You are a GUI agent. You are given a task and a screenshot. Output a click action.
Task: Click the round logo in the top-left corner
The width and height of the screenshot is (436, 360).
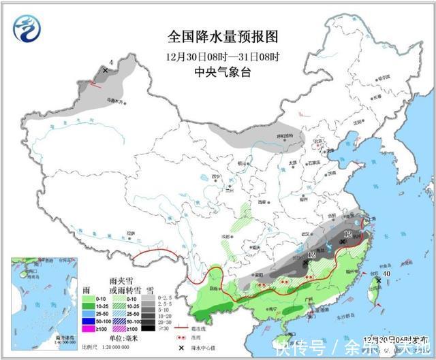[x=27, y=28]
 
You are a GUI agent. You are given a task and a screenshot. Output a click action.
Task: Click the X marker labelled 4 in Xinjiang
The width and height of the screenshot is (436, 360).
[x=105, y=70]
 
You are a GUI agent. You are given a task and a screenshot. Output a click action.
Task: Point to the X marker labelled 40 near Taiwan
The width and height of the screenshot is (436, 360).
[x=379, y=279]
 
